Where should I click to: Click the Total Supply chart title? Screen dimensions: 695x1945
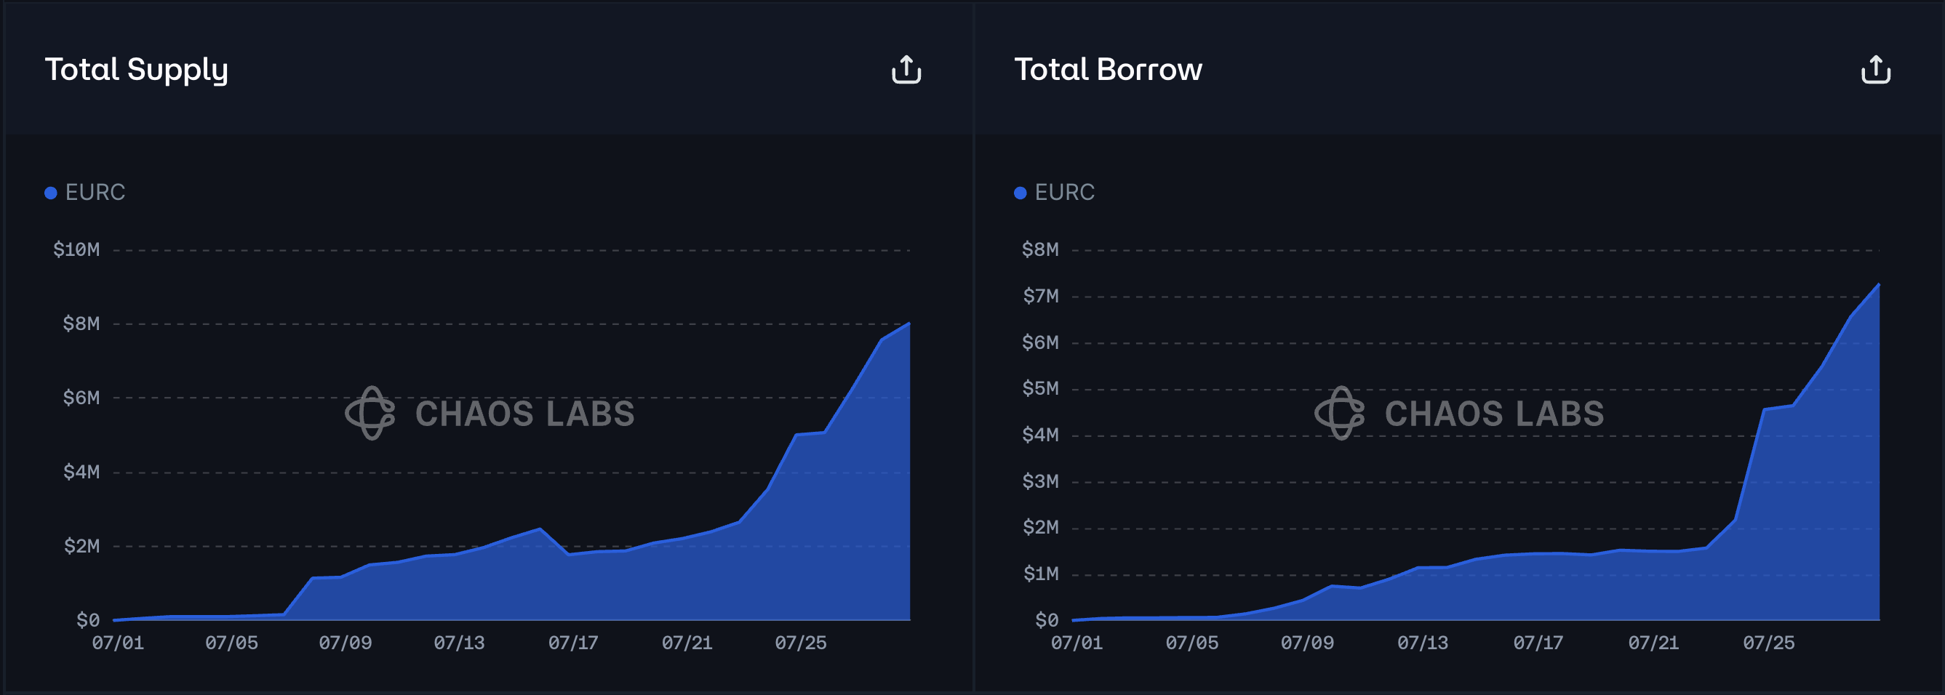tap(136, 69)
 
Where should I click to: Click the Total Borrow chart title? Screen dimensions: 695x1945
tap(1108, 69)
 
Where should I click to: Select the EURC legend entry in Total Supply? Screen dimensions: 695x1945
tap(85, 193)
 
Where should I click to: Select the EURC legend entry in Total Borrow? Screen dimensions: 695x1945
tap(1055, 193)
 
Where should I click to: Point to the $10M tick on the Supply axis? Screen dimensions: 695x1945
tap(76, 250)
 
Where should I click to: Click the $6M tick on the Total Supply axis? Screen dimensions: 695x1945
tap(81, 398)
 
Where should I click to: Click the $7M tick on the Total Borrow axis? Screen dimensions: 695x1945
tap(1040, 296)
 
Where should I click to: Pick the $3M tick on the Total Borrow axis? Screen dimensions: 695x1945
tap(1040, 481)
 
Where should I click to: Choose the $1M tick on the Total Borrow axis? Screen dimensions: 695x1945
tap(1040, 574)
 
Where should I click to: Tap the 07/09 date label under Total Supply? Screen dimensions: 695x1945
tap(345, 643)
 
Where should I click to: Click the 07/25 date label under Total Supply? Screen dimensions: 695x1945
tap(800, 643)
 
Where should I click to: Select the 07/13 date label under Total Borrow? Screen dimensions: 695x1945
tap(1423, 643)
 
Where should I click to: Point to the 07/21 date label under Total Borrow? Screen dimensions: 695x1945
tap(1653, 643)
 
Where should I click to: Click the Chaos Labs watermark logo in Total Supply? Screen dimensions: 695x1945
tap(371, 413)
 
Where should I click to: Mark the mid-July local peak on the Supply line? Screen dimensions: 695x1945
tap(539, 529)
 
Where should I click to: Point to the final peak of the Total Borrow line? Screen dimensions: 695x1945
tap(1878, 284)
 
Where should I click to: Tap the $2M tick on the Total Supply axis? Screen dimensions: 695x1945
tap(81, 545)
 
